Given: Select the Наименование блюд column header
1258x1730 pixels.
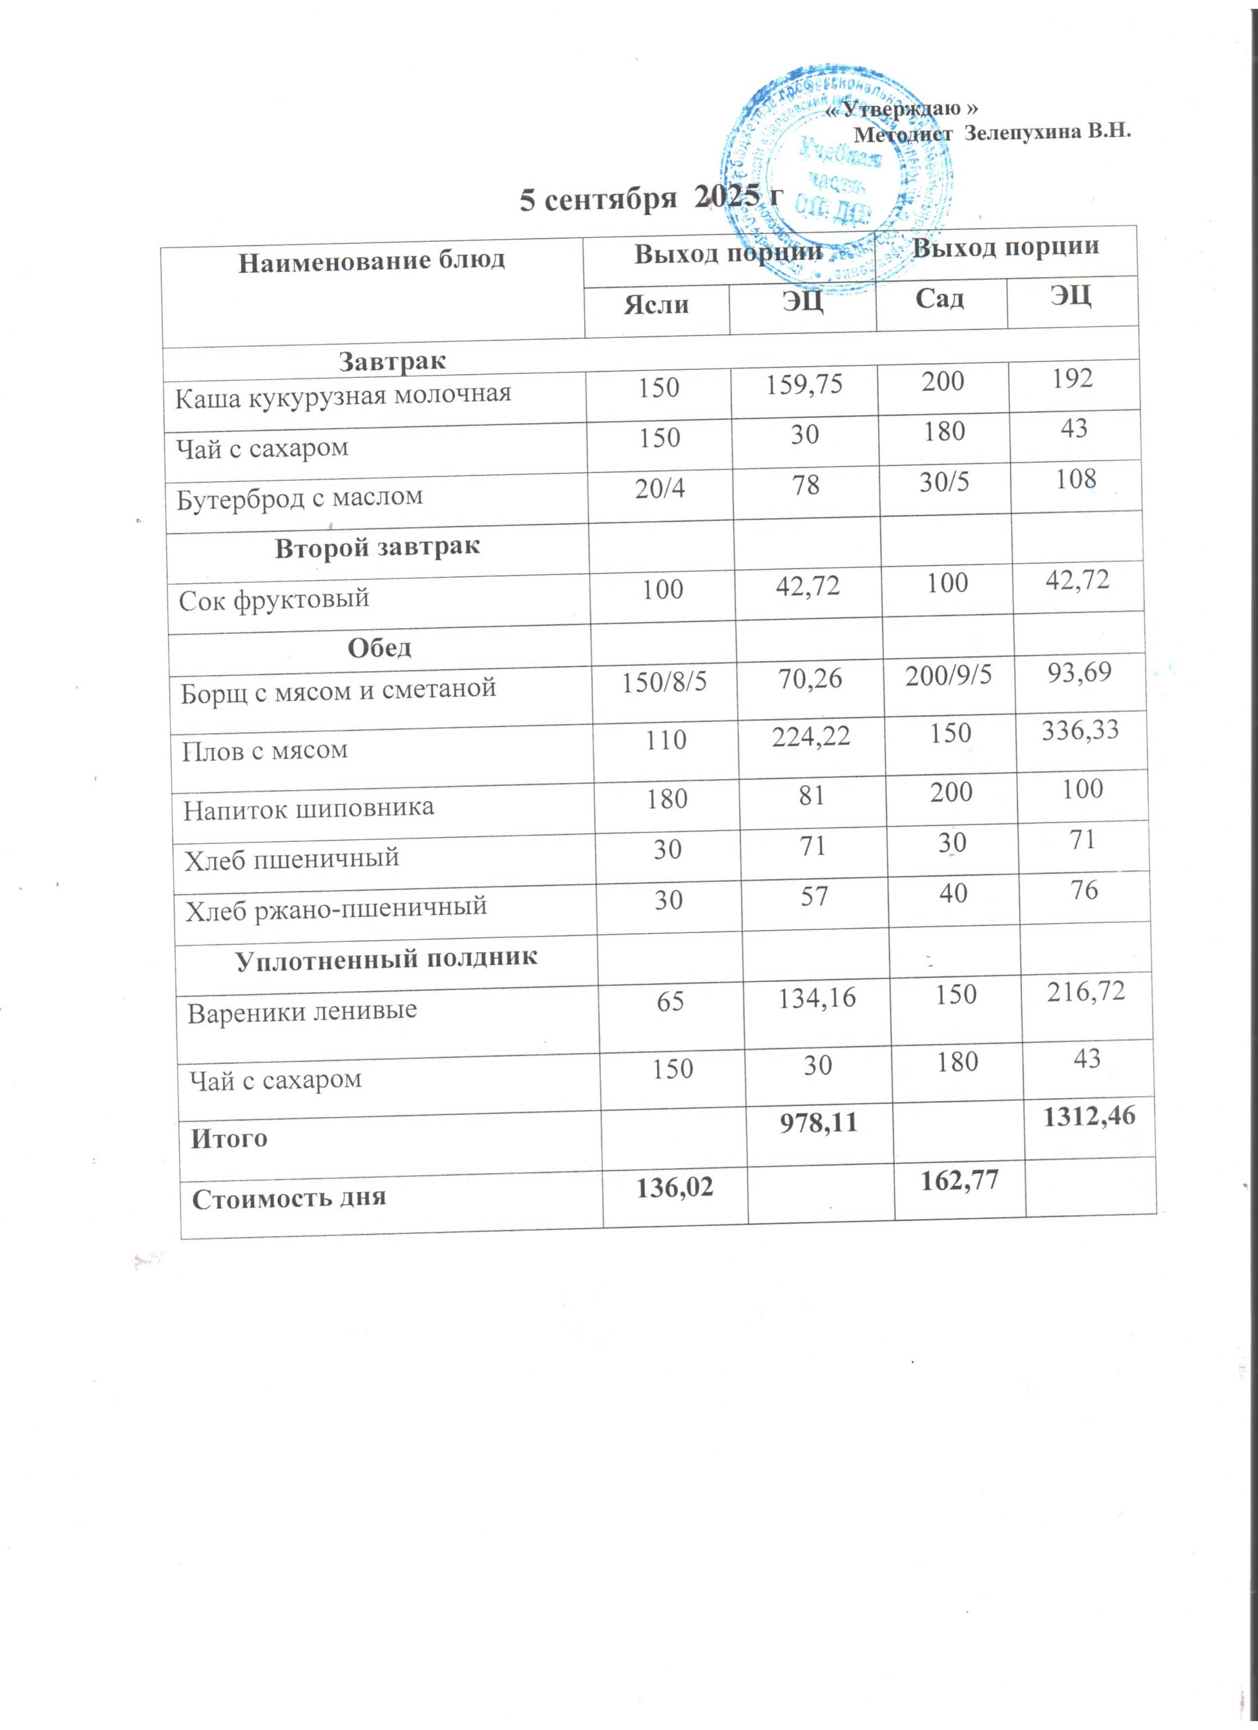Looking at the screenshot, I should [x=372, y=262].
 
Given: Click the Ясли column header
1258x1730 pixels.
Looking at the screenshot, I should [x=656, y=304].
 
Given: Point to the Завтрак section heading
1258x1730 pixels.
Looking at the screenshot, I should [x=392, y=361].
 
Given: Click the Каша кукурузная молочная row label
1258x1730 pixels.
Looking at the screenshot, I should [x=343, y=396].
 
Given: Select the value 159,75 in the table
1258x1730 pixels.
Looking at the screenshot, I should [x=804, y=384].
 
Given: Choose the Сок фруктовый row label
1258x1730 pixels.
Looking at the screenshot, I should [x=274, y=599].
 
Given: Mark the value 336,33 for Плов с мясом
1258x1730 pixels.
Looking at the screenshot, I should [x=1080, y=730].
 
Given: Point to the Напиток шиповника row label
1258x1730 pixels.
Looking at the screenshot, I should [x=308, y=808].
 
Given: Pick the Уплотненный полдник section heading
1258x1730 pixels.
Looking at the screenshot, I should [x=387, y=959].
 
